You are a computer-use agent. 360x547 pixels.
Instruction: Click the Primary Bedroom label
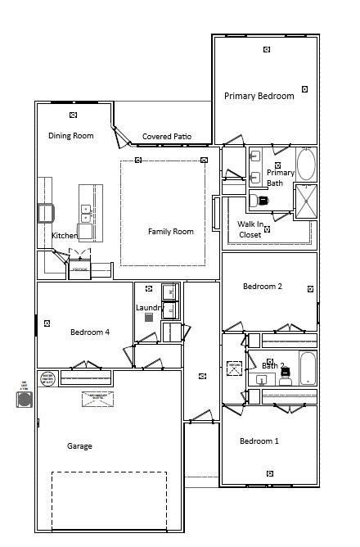coord(259,96)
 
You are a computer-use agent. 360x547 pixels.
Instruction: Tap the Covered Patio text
coord(167,137)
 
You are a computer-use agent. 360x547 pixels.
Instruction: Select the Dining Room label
coord(70,136)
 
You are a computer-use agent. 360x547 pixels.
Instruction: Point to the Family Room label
coord(170,232)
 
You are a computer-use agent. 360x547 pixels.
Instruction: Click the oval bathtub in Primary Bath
coord(305,164)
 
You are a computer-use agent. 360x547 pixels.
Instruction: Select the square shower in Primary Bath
coord(305,202)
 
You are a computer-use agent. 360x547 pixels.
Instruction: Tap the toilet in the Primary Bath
coord(263,200)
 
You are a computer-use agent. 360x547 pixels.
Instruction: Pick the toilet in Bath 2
coord(285,377)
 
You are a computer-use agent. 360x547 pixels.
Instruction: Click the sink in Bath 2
coord(263,380)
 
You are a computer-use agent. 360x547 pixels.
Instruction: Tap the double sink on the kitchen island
coord(85,214)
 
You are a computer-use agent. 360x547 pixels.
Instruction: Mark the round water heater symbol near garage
coord(48,377)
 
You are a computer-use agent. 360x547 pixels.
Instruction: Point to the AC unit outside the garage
coord(25,399)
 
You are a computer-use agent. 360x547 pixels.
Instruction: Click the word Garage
coord(79,446)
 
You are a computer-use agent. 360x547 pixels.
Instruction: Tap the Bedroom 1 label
coord(259,441)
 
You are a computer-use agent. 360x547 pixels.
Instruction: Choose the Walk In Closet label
coord(250,229)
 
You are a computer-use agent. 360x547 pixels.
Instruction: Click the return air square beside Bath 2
coord(234,368)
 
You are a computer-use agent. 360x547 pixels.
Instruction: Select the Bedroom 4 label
coord(89,332)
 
